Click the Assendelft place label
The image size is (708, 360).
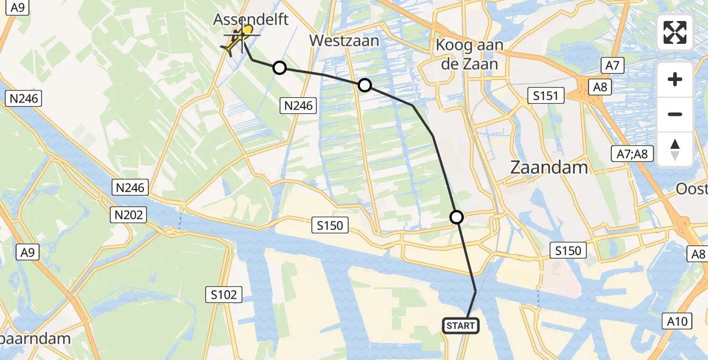pos(251,19)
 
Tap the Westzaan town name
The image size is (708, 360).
pos(344,41)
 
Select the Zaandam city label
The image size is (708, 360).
pos(548,167)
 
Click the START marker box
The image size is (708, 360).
pos(461,326)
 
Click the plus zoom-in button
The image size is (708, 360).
pos(675,79)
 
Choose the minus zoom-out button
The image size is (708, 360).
pos(675,114)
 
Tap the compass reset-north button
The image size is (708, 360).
pos(675,149)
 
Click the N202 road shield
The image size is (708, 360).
pos(130,214)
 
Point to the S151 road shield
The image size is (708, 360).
pos(546,95)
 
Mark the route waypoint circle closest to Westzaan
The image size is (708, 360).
pos(365,85)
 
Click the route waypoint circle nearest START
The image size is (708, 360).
pos(457,217)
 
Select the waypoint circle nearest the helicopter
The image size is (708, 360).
pos(280,68)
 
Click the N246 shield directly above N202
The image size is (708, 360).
pos(130,188)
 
